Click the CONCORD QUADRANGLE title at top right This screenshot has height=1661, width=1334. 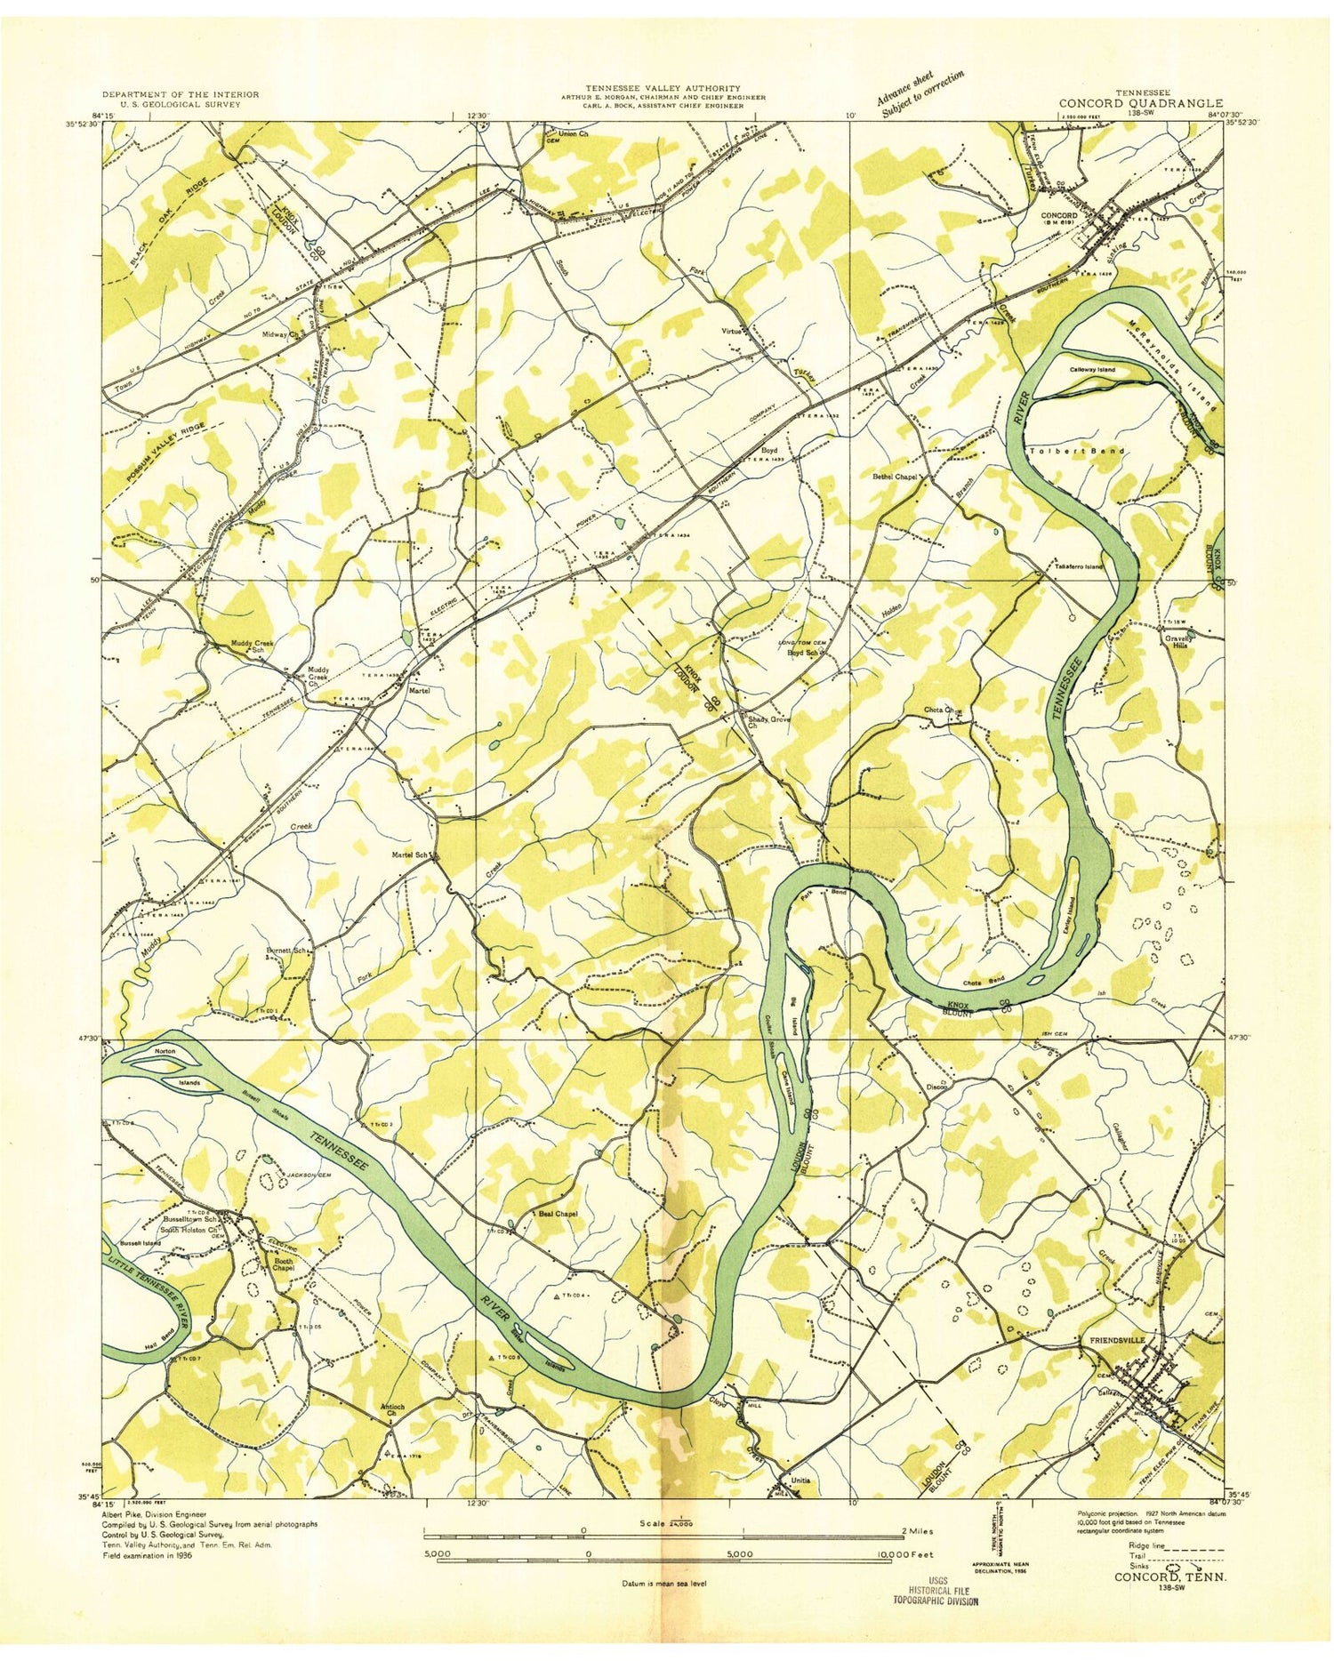click(1140, 103)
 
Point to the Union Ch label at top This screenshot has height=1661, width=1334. click(571, 134)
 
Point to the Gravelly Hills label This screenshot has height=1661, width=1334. click(1181, 641)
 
